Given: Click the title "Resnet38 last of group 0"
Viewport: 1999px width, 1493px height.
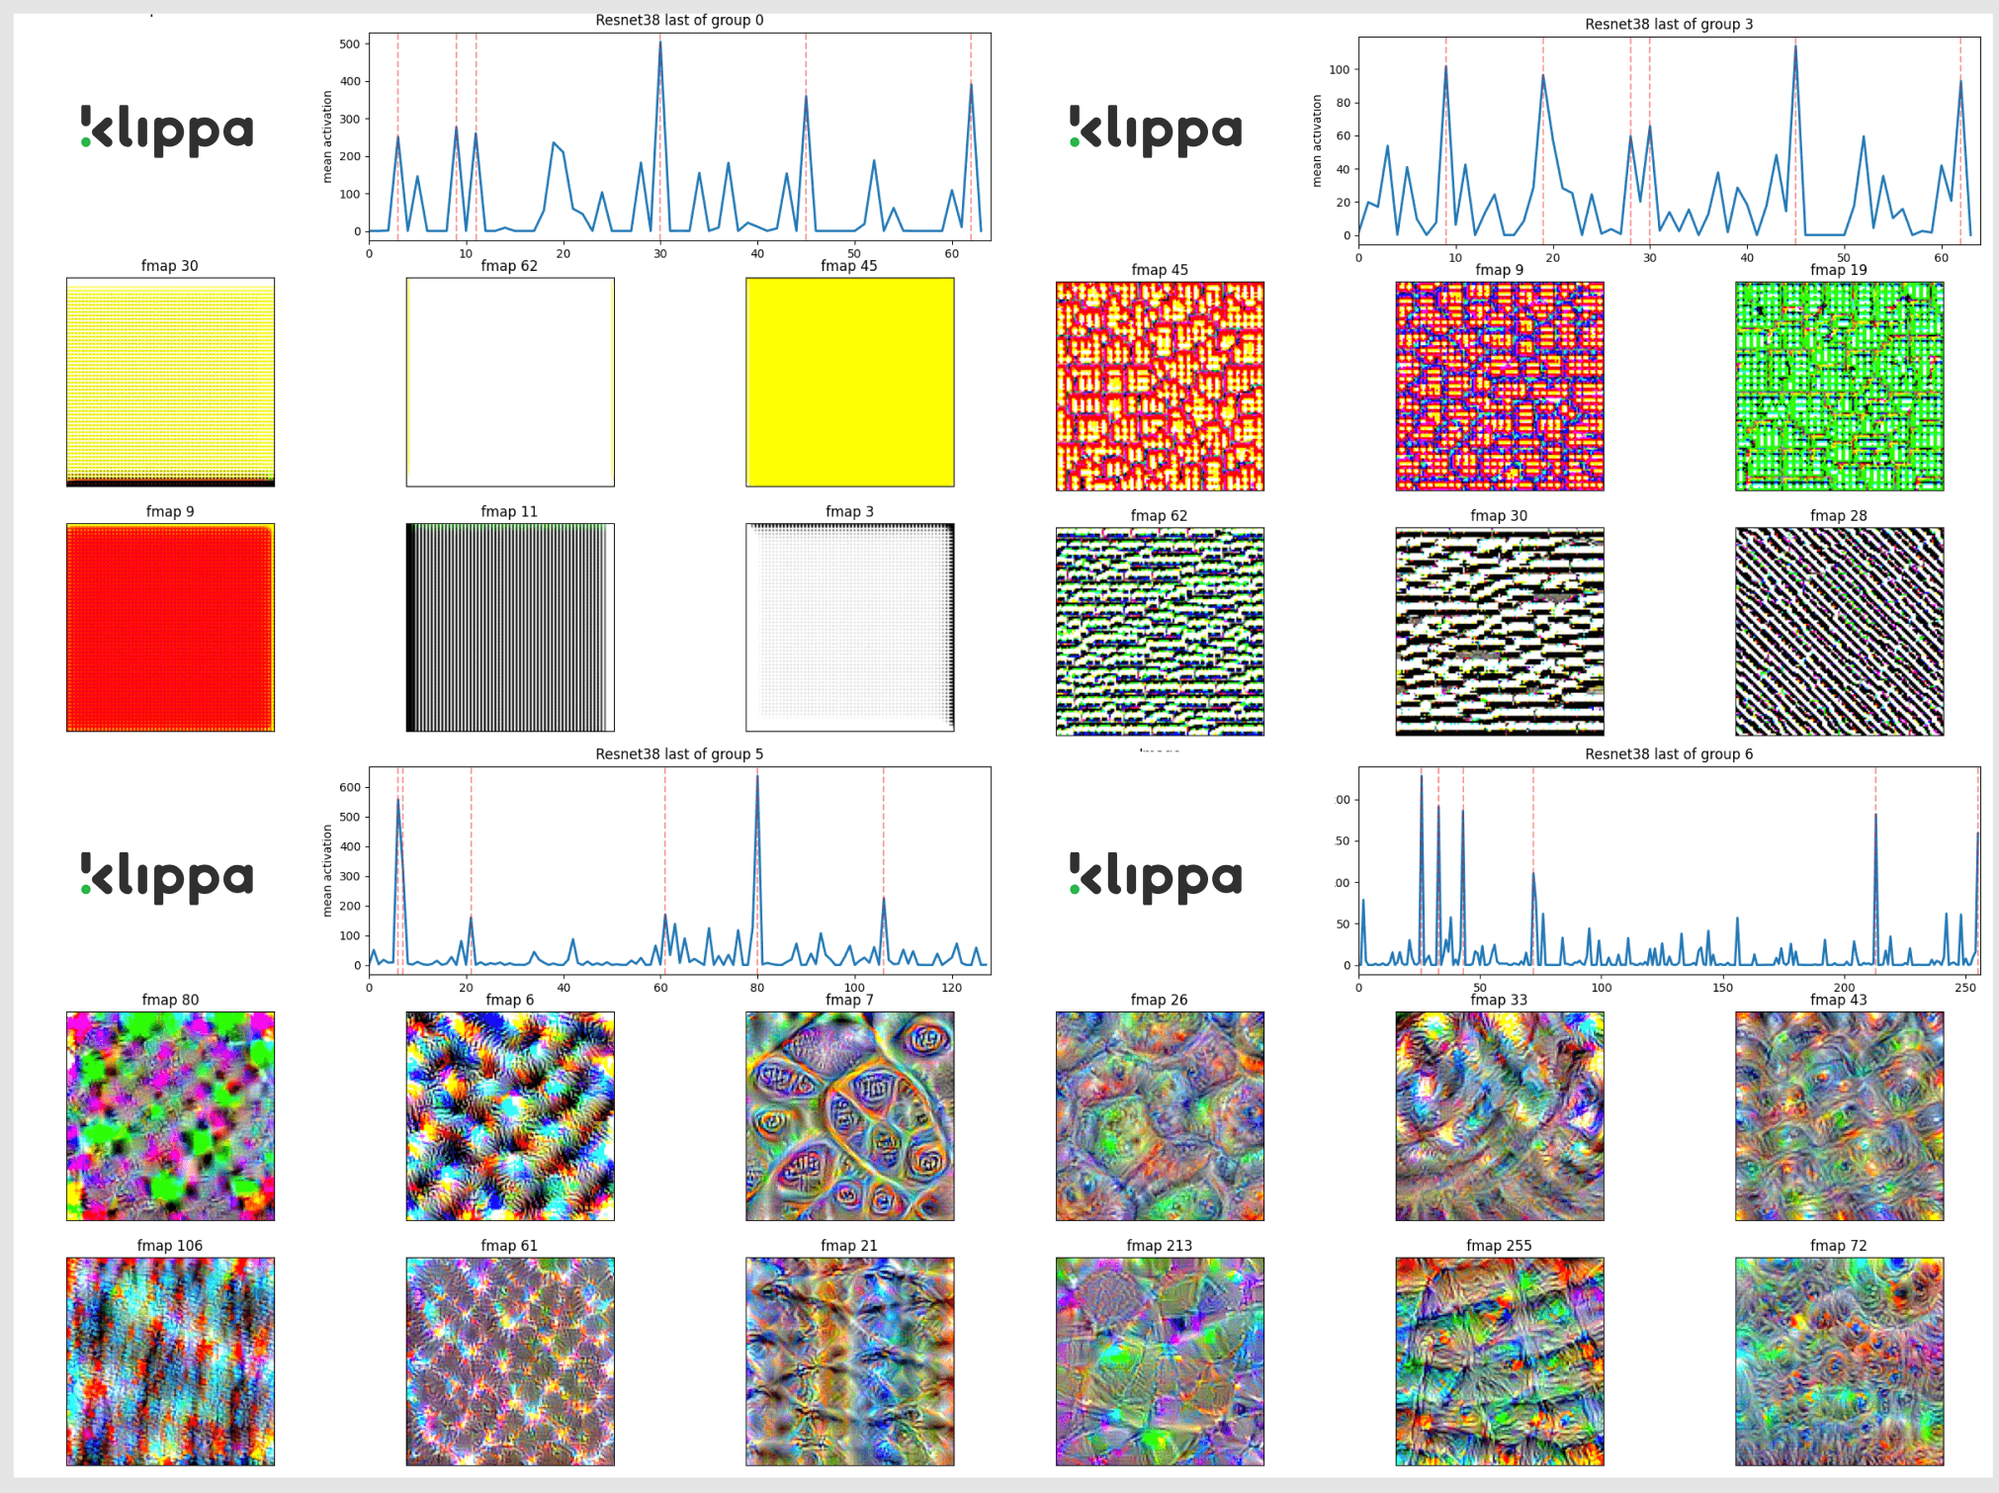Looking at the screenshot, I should tap(679, 20).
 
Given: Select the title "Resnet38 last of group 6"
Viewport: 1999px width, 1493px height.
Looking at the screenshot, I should tap(1669, 753).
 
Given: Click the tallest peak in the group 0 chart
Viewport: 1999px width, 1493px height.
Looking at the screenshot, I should tap(660, 43).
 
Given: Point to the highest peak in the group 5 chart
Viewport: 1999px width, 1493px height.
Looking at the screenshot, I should tap(757, 776).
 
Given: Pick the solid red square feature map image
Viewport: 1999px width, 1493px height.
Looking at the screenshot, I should tap(170, 628).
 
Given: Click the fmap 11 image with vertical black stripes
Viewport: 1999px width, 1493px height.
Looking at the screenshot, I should tap(510, 628).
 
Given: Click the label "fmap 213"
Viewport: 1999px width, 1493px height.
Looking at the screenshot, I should tap(1159, 1245).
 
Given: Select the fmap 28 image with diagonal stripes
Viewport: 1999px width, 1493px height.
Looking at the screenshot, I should tap(1839, 632).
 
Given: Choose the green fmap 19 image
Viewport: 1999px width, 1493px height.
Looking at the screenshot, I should tap(1839, 386).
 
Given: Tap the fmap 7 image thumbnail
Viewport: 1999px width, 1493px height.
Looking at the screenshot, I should tap(849, 1115).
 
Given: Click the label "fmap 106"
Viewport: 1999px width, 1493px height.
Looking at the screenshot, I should tap(170, 1245).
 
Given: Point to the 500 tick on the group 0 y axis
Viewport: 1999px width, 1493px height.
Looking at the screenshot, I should tap(349, 44).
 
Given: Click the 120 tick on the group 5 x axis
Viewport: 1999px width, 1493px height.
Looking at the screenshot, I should tap(951, 987).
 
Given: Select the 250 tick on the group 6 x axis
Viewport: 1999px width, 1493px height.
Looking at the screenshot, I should tap(1966, 987).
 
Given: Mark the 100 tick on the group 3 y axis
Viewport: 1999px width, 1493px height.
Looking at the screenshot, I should tap(1340, 69).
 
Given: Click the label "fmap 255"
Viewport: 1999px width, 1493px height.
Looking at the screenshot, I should tap(1499, 1245).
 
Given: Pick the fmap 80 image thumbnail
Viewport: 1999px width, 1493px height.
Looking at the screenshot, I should tap(170, 1115).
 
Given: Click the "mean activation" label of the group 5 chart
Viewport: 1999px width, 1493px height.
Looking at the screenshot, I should tap(327, 870).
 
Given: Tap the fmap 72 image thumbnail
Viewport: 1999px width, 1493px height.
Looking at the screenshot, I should tap(1839, 1361).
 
